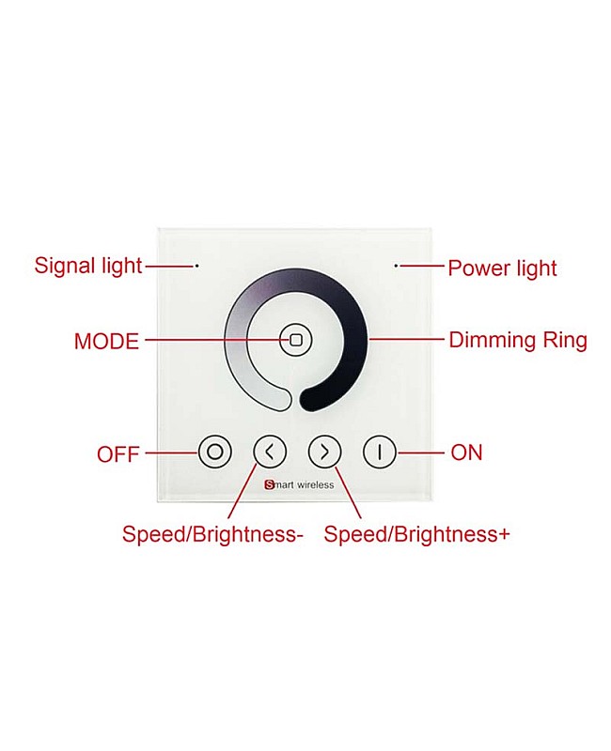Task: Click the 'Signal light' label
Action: tap(88, 267)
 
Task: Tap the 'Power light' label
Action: tap(502, 268)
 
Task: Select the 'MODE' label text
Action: tap(106, 342)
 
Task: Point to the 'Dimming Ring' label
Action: tap(518, 341)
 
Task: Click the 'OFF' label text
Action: tap(118, 454)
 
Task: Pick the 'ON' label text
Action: tap(466, 452)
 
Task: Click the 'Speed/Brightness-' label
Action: tap(212, 534)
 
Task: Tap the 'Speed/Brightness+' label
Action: tap(416, 534)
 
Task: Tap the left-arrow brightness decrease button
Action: tap(270, 452)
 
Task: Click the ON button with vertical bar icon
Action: tap(380, 452)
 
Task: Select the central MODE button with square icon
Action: tap(296, 340)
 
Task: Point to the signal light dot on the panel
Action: tap(196, 266)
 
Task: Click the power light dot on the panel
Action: tap(396, 265)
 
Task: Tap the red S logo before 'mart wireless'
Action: tap(269, 484)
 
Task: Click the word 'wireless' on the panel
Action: tap(315, 484)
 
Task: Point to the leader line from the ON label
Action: tap(420, 452)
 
